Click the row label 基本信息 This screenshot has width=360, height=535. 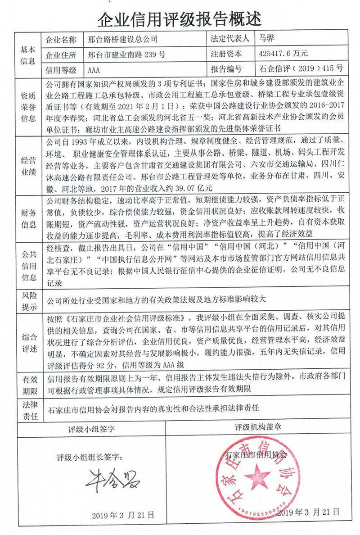[x=27, y=54]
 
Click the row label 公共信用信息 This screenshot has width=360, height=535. [x=27, y=266]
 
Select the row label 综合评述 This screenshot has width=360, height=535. [x=27, y=341]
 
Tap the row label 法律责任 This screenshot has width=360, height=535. [x=27, y=408]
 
